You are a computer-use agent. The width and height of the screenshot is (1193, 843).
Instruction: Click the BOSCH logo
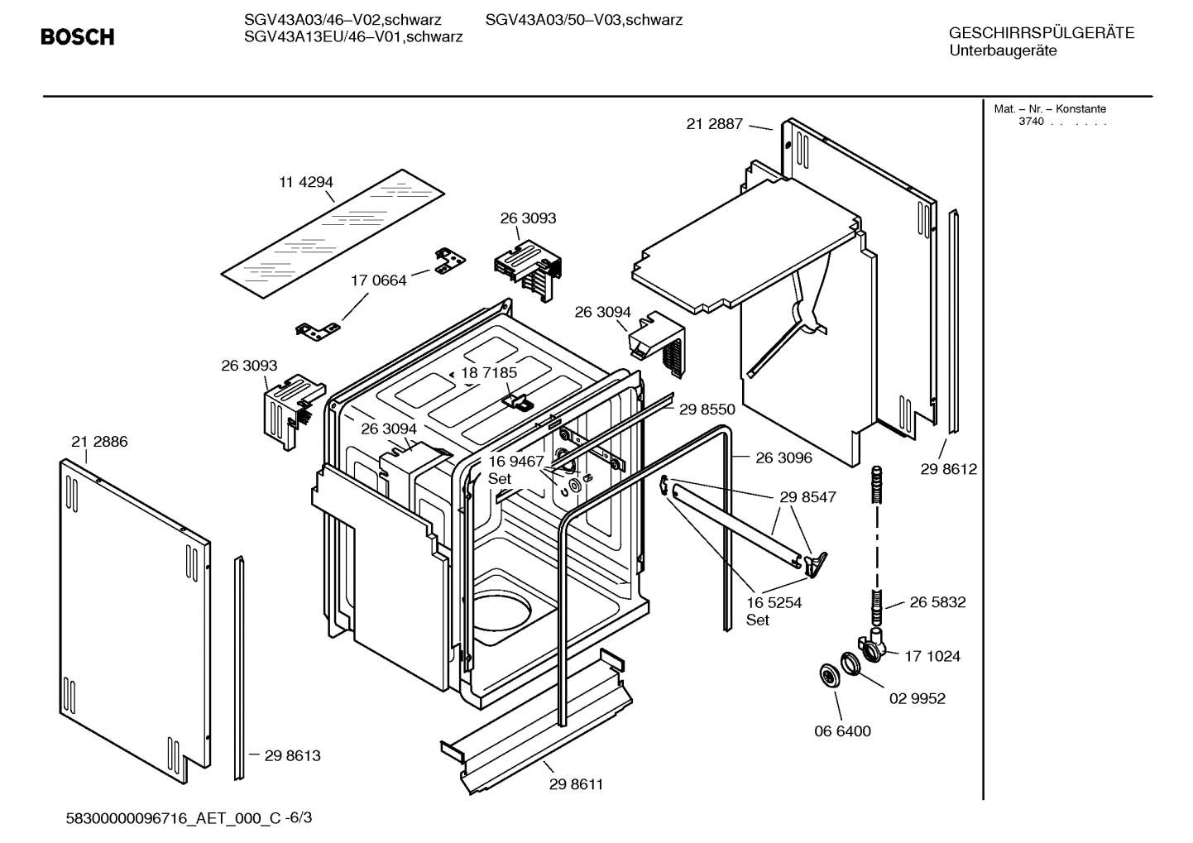click(77, 37)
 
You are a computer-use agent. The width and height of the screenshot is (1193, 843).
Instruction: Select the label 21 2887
click(714, 124)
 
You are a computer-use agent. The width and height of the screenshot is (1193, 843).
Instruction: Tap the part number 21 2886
click(99, 442)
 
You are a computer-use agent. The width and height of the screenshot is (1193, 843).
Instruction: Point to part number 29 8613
click(292, 755)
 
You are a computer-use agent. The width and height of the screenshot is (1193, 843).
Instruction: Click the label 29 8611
click(576, 784)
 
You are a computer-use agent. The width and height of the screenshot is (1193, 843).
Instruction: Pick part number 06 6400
click(842, 731)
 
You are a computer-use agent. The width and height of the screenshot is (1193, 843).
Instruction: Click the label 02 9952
click(917, 698)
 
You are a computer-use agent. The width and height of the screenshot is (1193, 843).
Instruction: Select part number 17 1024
click(932, 656)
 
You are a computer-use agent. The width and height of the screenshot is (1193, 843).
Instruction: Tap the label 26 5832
click(937, 602)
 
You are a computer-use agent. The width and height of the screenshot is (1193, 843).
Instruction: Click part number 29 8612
click(948, 469)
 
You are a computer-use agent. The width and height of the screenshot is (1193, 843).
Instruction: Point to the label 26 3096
click(783, 457)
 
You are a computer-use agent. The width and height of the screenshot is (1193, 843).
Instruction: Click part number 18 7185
click(489, 372)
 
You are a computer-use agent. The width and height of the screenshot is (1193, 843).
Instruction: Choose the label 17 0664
click(378, 280)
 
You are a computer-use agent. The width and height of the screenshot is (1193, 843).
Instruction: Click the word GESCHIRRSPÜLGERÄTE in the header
click(1041, 33)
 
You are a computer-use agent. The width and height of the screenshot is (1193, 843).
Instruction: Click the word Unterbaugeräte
click(1003, 50)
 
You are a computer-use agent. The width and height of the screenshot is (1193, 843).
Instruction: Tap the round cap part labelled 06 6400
click(826, 675)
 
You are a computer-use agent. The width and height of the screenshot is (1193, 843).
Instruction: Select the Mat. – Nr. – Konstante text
click(1049, 109)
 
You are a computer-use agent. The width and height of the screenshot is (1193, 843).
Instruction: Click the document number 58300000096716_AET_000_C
click(173, 818)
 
